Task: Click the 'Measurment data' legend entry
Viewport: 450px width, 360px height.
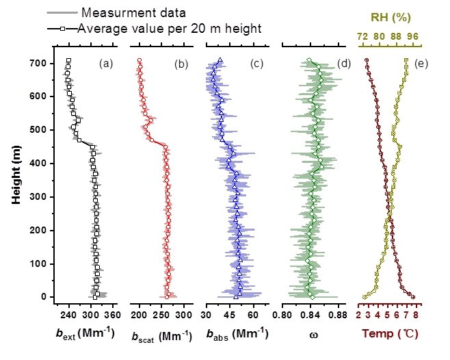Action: (x=127, y=13)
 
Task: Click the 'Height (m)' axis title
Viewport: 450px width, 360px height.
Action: (x=16, y=179)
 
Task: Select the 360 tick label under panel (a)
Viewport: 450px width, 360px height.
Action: (x=112, y=315)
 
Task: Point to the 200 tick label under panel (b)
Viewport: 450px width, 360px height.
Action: (x=139, y=315)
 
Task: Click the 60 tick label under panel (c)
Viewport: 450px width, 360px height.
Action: (x=251, y=315)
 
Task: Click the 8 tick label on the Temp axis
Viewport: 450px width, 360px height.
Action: (x=415, y=315)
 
